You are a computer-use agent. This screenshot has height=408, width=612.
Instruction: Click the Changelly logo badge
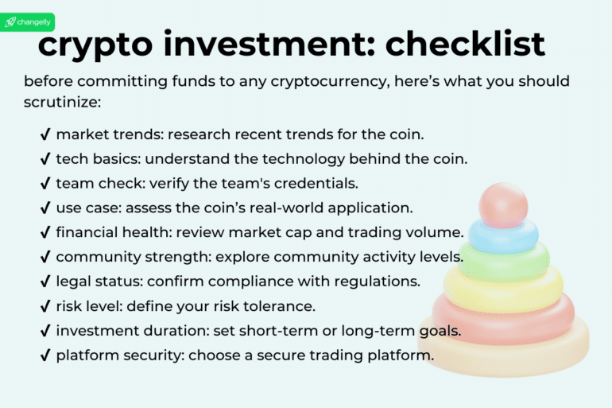click(29, 21)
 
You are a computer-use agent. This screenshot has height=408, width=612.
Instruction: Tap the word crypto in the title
click(94, 45)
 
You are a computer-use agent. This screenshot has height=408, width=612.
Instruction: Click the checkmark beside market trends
click(45, 134)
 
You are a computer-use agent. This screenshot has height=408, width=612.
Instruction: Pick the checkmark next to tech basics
click(45, 158)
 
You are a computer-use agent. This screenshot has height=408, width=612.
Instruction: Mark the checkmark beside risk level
click(45, 306)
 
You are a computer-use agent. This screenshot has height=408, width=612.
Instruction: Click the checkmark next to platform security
click(45, 356)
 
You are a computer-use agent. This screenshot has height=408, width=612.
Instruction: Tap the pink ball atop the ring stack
click(503, 204)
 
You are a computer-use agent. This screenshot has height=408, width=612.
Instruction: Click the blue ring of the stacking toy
click(503, 236)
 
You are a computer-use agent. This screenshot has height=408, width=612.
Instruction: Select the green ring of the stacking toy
click(504, 261)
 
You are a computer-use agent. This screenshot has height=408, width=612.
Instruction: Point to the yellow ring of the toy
click(504, 288)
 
